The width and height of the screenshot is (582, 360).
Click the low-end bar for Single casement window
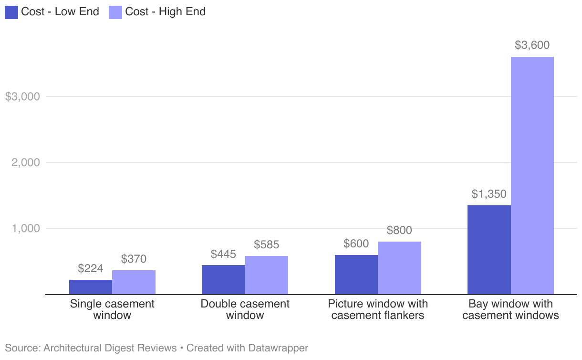pos(91,287)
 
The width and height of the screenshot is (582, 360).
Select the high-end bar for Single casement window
pos(134,282)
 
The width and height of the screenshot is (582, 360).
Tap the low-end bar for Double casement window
pos(223,279)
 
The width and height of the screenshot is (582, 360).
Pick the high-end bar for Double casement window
pos(266,275)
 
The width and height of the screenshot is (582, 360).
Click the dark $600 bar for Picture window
pos(356,275)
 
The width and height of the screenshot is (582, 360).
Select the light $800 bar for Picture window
pos(399,268)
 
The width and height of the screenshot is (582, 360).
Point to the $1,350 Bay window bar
pos(489,250)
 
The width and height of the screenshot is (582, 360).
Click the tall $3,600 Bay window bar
pos(532,176)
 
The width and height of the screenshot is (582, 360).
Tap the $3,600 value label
pos(532,45)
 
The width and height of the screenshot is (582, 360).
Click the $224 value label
pos(91,268)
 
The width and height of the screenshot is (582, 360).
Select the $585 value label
pos(266,245)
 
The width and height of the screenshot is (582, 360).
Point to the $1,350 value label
pos(489,194)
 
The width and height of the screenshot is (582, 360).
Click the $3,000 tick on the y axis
pos(22,96)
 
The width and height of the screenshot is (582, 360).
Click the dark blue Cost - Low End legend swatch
pos(11,12)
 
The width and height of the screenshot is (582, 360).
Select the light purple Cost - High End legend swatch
pos(116,12)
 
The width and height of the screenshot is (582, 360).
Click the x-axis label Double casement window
pos(245,309)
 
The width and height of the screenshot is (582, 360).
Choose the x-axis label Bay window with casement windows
pos(510,309)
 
